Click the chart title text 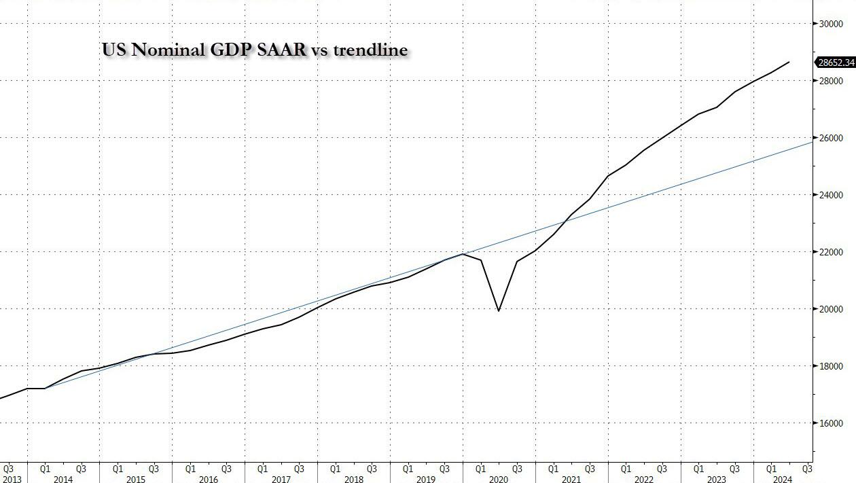click(x=255, y=50)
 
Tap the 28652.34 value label click(x=836, y=62)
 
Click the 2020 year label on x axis click(x=498, y=479)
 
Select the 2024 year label click(x=781, y=479)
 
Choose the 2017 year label click(x=281, y=479)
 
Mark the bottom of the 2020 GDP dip click(x=499, y=311)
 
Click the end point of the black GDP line click(x=789, y=62)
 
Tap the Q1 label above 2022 click(x=626, y=469)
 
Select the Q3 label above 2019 click(x=444, y=469)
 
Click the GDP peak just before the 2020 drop click(x=463, y=254)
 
